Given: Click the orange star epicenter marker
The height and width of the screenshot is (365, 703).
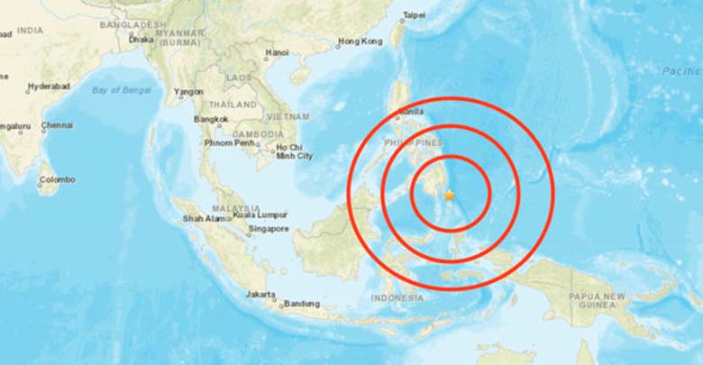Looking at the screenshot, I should pos(449,195).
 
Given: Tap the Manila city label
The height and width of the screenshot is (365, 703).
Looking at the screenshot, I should pos(411,111).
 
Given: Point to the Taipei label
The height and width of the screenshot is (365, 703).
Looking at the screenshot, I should pos(415,15).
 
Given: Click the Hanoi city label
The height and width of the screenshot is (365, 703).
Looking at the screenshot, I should pos(277,53).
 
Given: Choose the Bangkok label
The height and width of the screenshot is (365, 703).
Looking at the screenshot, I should pos(209,119).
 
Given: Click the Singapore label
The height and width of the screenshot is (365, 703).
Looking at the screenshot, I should pos(269,228).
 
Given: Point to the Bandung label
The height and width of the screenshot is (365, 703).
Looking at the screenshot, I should pos(301,304).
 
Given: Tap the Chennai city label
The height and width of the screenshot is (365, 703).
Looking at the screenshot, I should pos(57,126).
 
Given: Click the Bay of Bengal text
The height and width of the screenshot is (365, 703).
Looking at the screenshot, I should pos(121,88).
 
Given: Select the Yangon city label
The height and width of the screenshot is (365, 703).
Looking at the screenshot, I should pos(188,91).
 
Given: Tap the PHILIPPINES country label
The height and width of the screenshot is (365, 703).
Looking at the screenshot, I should pos(414,142).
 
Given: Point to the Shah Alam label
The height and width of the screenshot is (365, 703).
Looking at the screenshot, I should pos(205,218).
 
